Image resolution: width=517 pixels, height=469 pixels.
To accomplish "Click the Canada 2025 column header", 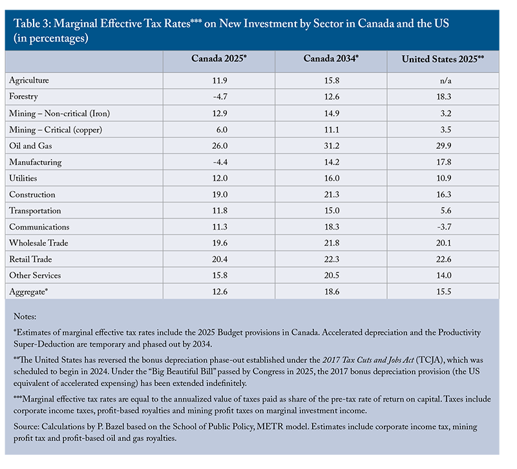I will click(219, 59).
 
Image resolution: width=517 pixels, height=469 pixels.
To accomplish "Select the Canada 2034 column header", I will click(331, 59).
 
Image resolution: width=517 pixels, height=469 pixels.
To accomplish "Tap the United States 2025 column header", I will click(443, 59).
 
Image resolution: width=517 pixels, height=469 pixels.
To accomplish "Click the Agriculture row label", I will click(29, 80).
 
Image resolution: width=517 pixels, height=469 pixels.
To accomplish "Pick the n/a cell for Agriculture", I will click(443, 80).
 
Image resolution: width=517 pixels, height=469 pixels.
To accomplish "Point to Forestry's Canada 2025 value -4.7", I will click(219, 96).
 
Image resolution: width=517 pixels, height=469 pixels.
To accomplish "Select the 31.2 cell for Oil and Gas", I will click(331, 146).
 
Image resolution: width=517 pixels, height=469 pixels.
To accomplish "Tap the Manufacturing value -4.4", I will click(219, 162).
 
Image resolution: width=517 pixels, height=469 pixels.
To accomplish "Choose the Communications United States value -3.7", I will click(443, 227).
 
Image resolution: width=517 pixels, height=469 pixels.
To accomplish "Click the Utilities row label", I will click(23, 178).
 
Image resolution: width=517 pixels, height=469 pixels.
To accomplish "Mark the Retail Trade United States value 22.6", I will click(443, 259).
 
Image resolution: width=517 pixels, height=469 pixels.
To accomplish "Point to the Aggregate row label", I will click(29, 292).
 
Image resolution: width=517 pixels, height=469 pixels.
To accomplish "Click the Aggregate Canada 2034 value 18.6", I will click(331, 292).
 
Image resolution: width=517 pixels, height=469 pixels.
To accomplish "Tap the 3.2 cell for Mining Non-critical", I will click(443, 113).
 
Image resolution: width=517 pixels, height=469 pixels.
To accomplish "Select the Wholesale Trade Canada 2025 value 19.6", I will click(219, 243).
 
